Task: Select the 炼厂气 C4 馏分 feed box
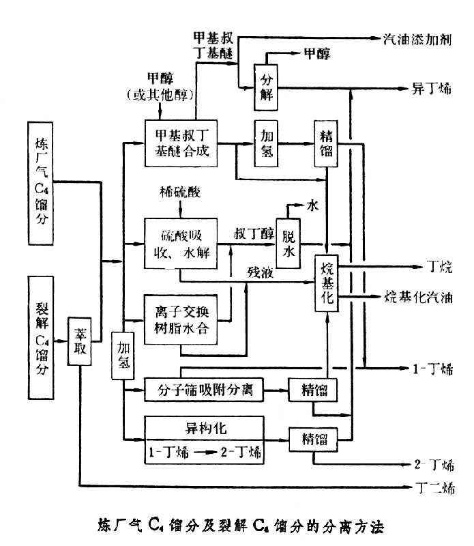[40, 184]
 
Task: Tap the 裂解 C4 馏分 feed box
[40, 336]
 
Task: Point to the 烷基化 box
[325, 282]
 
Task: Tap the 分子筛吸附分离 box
[203, 390]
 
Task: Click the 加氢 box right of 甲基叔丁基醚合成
[267, 144]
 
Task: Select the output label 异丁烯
[430, 88]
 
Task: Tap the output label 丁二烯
[434, 488]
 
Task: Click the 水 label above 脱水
[312, 204]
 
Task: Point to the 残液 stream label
[261, 272]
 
